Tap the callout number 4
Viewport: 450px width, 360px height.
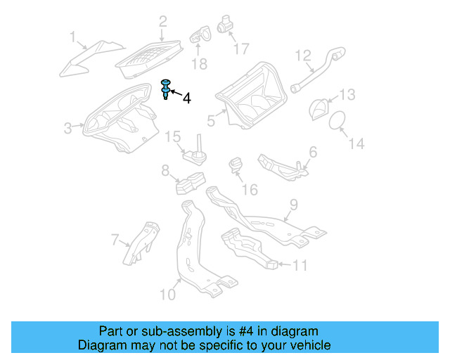(x=186, y=99)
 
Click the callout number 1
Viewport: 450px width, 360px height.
(x=72, y=36)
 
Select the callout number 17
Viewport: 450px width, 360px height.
(x=240, y=49)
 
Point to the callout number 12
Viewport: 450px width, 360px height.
(x=302, y=55)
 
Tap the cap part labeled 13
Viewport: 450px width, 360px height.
(x=320, y=109)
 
